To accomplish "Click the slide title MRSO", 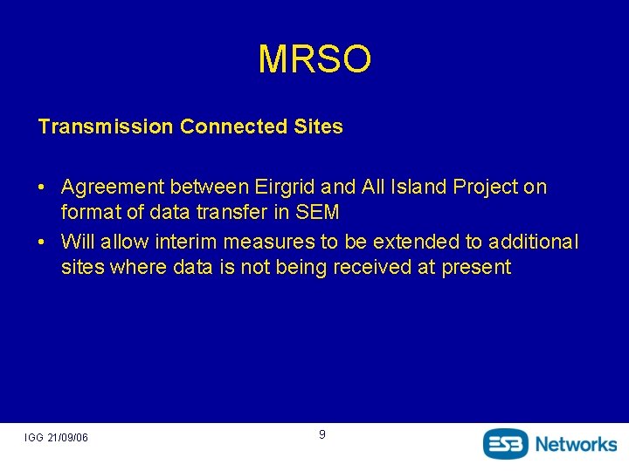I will coord(314,59).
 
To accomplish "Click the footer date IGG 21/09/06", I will coord(56,437).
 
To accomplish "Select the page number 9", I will coord(322,434).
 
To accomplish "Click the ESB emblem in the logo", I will coord(507,443).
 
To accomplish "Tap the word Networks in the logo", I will coord(576,443).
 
